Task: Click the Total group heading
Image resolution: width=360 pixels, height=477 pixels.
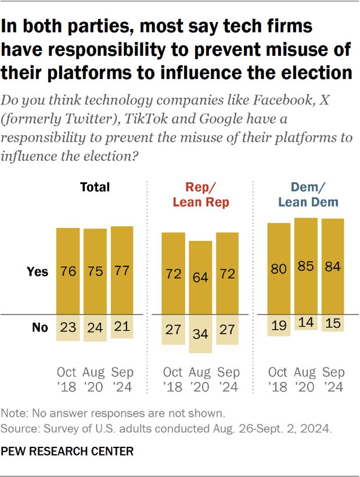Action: click(95, 187)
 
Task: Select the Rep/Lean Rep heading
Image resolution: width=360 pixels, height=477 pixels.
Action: click(200, 194)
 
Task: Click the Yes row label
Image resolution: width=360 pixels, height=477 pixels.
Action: click(38, 272)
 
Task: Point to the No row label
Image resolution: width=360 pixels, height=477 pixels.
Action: click(39, 327)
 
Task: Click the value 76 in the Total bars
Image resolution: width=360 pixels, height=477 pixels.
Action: click(68, 272)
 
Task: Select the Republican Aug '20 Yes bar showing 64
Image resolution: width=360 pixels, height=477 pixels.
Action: click(201, 277)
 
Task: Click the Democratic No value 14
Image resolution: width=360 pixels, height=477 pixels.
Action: click(306, 323)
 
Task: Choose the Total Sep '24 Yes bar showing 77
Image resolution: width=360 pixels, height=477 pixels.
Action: click(122, 271)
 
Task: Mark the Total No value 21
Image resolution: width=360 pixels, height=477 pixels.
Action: click(122, 327)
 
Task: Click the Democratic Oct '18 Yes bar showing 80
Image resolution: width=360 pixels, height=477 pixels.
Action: click(279, 269)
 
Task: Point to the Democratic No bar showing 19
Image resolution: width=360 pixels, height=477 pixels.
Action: click(279, 325)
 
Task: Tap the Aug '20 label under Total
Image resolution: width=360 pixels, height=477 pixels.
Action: click(95, 379)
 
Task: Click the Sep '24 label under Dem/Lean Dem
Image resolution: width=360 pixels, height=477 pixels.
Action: click(333, 379)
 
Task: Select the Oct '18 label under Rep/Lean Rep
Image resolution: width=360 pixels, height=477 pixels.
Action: click(173, 379)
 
